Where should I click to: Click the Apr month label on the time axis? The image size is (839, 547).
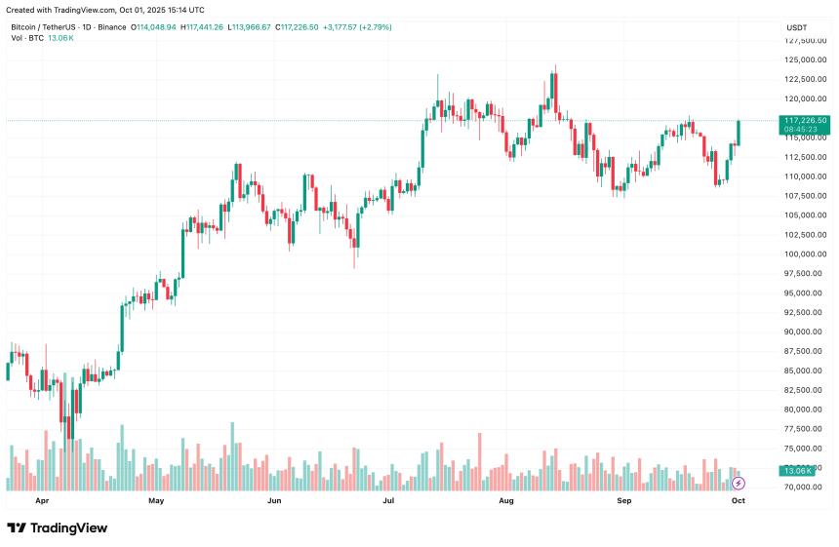[42, 500]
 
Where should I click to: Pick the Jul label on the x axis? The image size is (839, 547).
[388, 500]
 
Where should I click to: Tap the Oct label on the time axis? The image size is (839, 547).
[739, 500]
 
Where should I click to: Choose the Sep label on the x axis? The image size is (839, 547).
[624, 500]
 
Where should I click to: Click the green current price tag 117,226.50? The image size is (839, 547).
[805, 120]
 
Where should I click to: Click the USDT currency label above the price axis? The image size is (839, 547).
[796, 27]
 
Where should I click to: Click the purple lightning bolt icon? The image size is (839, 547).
[739, 483]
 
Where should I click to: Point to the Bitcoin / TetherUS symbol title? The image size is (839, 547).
[49, 27]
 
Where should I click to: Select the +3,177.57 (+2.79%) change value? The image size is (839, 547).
[355, 27]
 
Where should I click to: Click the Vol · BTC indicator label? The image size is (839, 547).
[28, 38]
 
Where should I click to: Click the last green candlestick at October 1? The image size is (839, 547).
[739, 133]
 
